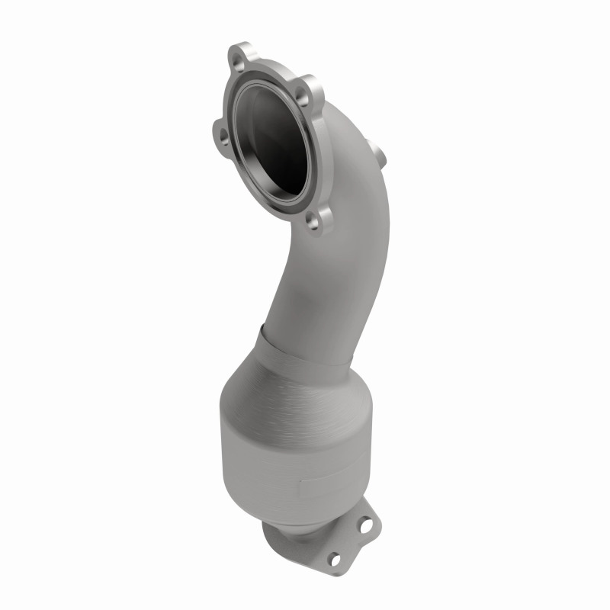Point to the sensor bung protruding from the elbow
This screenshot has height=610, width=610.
pos(378,152)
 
